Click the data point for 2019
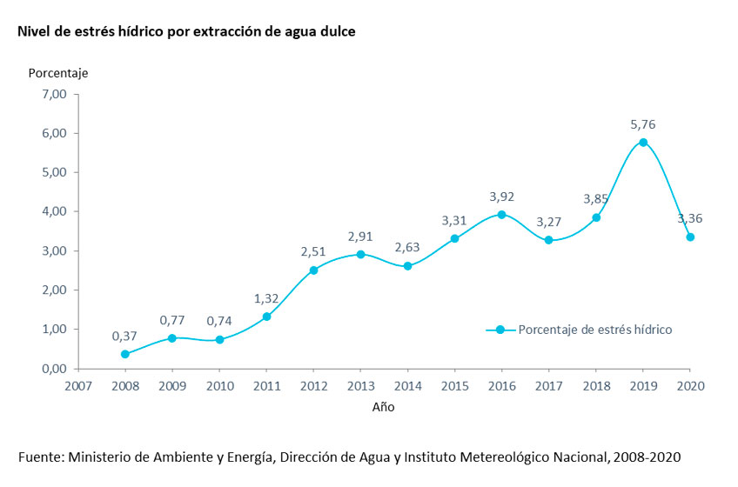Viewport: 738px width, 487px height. point(643,142)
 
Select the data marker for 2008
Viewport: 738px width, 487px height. point(125,354)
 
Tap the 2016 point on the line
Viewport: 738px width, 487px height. point(501,214)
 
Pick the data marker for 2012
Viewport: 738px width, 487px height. point(313,270)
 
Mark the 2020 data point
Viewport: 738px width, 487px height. point(690,237)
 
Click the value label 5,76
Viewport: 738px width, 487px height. point(643,124)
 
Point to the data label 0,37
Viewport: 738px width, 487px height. point(125,337)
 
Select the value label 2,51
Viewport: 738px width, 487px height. point(313,252)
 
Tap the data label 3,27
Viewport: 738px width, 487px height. point(548,222)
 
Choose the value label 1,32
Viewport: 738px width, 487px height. point(266,299)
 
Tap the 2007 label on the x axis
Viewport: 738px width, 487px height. point(78,384)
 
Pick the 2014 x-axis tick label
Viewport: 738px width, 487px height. point(407,384)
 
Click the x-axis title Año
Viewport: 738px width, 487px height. point(384,406)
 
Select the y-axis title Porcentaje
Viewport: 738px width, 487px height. point(58,72)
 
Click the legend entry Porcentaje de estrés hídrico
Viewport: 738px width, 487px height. point(594,330)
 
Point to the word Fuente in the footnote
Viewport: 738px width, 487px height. point(40,457)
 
